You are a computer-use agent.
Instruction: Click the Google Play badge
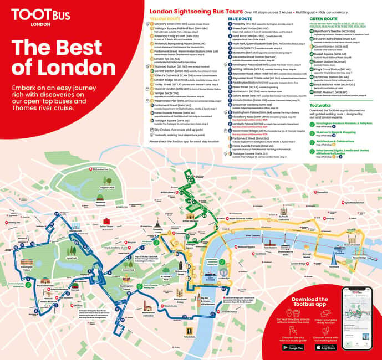tap(293, 347)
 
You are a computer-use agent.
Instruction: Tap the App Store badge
tap(325, 347)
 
